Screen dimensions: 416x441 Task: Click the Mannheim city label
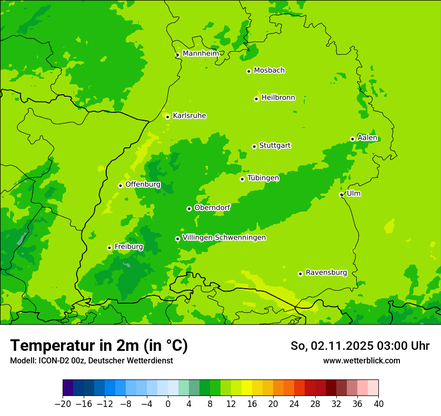coord(200,53)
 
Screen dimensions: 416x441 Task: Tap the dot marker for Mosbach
coord(249,71)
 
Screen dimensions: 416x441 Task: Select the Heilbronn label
coord(278,98)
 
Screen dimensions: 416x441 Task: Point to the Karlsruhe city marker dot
coord(168,117)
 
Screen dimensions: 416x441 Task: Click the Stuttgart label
coord(275,145)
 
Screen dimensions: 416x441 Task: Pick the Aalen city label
coord(367,138)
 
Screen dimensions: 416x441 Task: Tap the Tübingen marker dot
coord(243,179)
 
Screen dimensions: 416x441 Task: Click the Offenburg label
coord(143,184)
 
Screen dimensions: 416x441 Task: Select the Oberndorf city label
coord(212,207)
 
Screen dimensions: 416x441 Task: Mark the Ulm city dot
coord(342,194)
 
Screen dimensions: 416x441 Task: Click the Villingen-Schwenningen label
coord(224,238)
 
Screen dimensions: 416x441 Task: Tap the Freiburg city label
coord(129,247)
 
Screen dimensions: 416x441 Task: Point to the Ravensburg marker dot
coord(301,274)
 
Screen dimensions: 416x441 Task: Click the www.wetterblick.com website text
coord(362,360)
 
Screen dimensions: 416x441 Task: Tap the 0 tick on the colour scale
coord(168,403)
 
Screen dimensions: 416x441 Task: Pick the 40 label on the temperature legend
coord(378,403)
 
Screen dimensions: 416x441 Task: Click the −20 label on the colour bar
coord(63,403)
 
